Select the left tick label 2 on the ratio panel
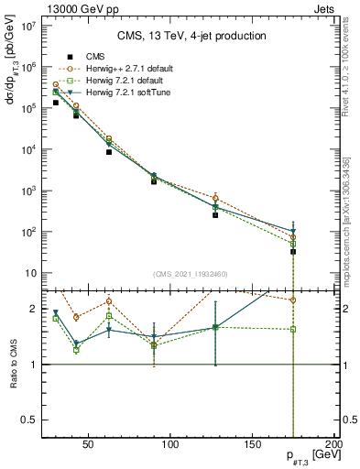tap(34, 309)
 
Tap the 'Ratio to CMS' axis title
tap(13, 363)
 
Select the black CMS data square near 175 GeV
tap(293, 251)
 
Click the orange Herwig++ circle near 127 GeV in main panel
tap(215, 198)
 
